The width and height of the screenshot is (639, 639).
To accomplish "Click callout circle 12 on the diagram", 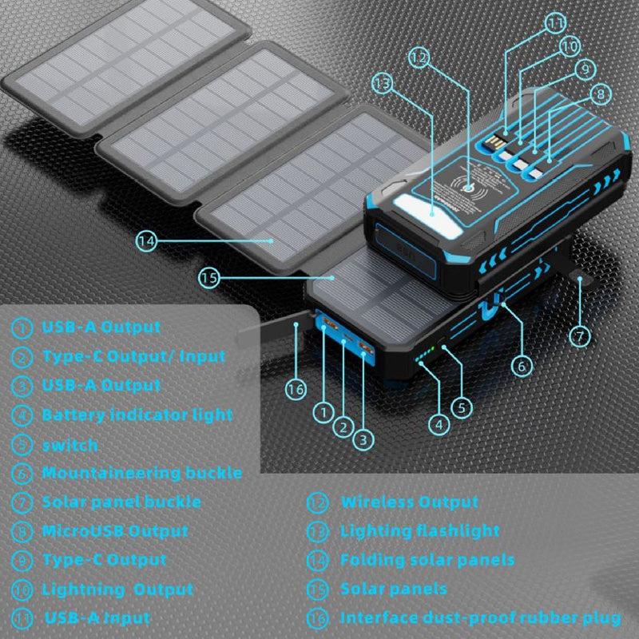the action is pos(419,58).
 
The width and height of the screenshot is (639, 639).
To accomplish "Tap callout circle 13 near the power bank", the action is pos(383,84).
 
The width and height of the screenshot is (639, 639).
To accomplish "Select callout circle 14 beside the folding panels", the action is pos(146,241).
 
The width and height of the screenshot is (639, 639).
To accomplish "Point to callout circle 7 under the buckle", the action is pos(580,335).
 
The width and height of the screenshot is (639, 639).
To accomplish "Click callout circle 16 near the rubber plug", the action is pos(296,389).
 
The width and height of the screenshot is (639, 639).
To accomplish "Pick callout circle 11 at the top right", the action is pos(555,23).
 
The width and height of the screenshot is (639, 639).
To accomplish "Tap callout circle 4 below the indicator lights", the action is pos(439,425).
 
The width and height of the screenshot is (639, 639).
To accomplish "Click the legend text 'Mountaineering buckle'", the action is pos(142,473).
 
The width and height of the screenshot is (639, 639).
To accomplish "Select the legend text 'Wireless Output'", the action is pos(410,502).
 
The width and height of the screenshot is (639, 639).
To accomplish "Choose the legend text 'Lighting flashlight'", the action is pos(420,531).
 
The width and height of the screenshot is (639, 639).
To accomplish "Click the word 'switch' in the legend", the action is pos(70,445).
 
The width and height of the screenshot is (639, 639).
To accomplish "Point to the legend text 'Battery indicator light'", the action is pos(137,415).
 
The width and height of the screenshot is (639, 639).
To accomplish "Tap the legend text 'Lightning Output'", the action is pos(117,589).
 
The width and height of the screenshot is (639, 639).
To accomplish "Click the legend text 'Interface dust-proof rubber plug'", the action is pos(481,618).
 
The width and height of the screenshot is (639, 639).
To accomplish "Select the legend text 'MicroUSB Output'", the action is pos(115,531).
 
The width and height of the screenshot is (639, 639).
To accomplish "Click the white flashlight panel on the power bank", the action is pos(429,215).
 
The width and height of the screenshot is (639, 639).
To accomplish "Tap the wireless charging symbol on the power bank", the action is pos(470,189).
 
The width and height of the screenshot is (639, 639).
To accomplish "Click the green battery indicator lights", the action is pos(425,356).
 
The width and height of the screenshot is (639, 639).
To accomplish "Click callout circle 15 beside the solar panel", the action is pos(209,278).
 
